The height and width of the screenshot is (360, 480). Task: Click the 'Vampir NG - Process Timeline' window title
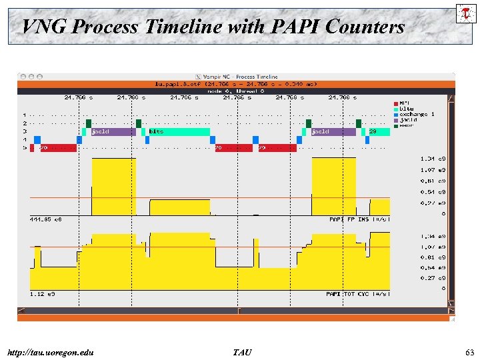click(237, 77)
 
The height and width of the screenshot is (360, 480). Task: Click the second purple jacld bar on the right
click(333, 132)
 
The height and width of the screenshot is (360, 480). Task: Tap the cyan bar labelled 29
click(377, 132)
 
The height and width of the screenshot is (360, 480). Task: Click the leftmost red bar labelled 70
click(53, 148)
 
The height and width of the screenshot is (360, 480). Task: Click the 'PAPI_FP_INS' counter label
click(359, 219)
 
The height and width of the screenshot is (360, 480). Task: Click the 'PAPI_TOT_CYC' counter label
click(357, 293)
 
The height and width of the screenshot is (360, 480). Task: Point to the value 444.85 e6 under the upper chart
click(46, 219)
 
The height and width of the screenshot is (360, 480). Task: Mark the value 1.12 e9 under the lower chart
click(43, 293)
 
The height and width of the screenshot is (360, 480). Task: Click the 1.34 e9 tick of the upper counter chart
click(433, 159)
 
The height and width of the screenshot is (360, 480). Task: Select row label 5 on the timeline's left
click(25, 147)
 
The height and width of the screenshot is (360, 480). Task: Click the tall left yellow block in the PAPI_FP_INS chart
click(113, 187)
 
